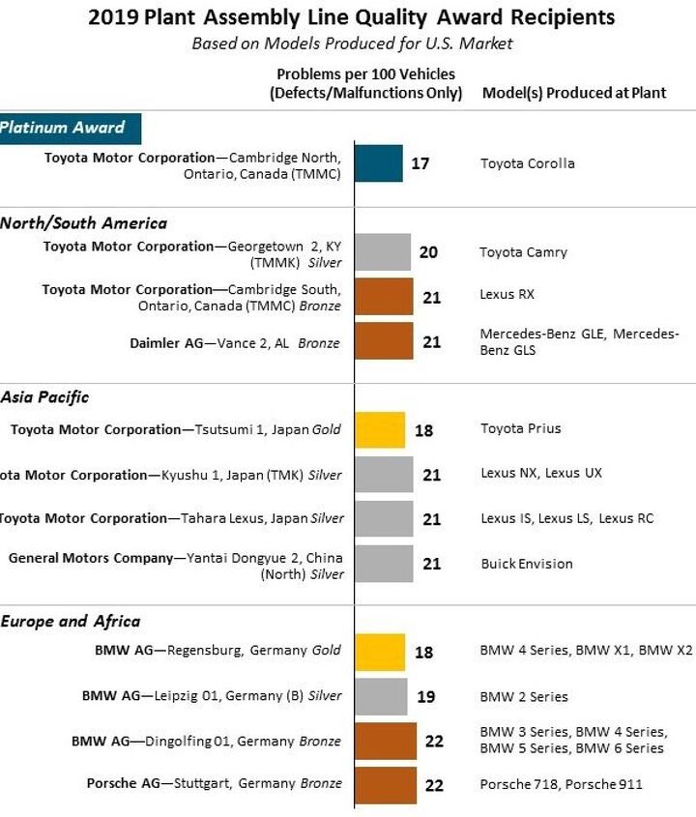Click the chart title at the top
pyautogui.click(x=351, y=17)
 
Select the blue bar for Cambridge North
pyautogui.click(x=379, y=163)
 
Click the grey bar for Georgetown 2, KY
pyautogui.click(x=384, y=252)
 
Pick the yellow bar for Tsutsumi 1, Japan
pyautogui.click(x=380, y=429)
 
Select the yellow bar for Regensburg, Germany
pyautogui.click(x=380, y=653)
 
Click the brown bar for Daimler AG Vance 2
pyautogui.click(x=384, y=341)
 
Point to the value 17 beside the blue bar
pyautogui.click(x=420, y=163)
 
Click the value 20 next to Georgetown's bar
pyautogui.click(x=428, y=252)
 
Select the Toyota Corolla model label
pyautogui.click(x=528, y=163)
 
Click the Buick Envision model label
pyautogui.click(x=527, y=564)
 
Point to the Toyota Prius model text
pyautogui.click(x=521, y=428)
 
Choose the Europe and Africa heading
pyautogui.click(x=70, y=622)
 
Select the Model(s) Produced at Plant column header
pyautogui.click(x=574, y=94)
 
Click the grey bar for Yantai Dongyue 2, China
pyautogui.click(x=384, y=564)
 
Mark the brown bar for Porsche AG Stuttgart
pyautogui.click(x=386, y=785)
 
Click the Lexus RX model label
pyautogui.click(x=507, y=294)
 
